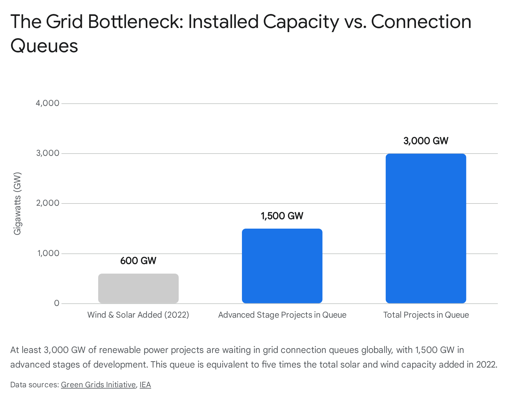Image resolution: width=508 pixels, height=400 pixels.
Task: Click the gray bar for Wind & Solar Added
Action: [138, 288]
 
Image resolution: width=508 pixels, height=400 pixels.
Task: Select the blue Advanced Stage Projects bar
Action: [282, 266]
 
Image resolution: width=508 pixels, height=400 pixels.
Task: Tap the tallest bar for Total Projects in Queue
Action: [426, 228]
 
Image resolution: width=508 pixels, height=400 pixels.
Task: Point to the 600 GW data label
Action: [138, 261]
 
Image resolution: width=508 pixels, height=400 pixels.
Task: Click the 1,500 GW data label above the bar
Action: [282, 216]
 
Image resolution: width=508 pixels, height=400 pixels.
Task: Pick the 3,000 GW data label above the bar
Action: [426, 141]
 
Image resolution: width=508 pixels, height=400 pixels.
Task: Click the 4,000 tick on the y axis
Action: [47, 103]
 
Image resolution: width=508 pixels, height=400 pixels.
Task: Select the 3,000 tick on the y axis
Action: [48, 153]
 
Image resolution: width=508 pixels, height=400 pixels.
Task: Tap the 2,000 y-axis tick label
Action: [48, 203]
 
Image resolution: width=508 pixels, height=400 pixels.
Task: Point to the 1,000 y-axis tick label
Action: [48, 253]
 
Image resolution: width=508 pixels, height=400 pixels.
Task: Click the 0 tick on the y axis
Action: [57, 303]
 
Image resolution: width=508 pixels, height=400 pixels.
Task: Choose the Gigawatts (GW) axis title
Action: [17, 203]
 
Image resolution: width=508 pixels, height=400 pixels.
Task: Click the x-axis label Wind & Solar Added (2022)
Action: [138, 315]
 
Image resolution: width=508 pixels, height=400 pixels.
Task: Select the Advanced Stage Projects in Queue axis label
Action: [282, 315]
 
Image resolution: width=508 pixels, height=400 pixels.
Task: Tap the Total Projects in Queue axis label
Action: [426, 315]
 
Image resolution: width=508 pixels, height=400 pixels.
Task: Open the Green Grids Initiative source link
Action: [98, 385]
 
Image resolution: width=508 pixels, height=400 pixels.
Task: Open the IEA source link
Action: [145, 385]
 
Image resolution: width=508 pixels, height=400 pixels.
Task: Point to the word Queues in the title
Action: [44, 46]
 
